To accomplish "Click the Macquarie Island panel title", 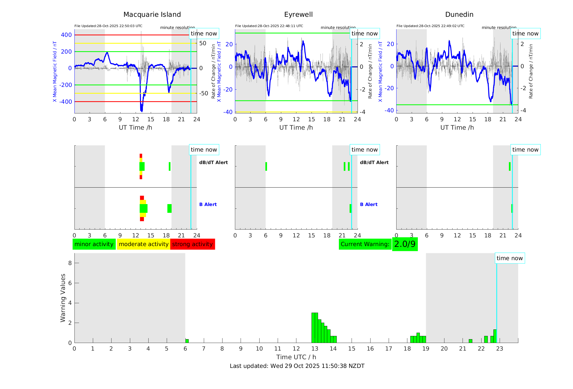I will pos(152,15).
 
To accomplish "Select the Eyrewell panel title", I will pos(298,15).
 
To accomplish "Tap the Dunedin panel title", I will pos(459,15).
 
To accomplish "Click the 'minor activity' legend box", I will pos(94,244).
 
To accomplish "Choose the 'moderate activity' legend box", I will pos(143,244).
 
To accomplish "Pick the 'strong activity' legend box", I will pos(192,244).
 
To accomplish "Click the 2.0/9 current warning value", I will pos(405,244).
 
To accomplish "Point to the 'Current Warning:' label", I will pos(365,244).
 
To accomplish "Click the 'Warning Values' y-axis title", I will pos(63,298).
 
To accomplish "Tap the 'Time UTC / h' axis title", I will pos(296,357).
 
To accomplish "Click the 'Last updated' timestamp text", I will pos(297,366).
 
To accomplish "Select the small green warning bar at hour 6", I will pos(187,341).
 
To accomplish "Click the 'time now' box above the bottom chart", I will pos(509,258).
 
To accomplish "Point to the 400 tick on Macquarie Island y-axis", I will pos(66,35).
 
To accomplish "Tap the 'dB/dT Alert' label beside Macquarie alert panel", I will pos(213,162).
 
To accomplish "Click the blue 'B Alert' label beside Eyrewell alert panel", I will pos(369,204).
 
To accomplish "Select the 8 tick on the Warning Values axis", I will pos(70,263).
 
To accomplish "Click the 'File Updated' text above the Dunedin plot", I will pos(430,26).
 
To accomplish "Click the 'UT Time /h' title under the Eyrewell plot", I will pos(296,128).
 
